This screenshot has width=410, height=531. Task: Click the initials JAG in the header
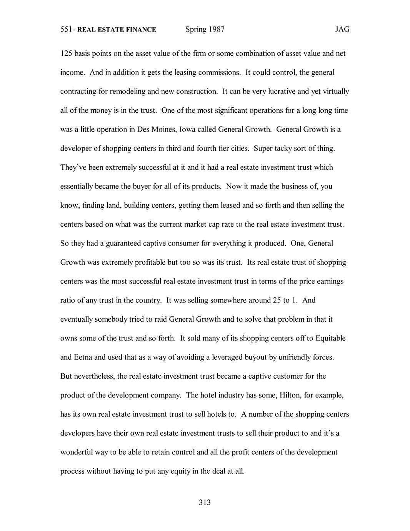pos(342,29)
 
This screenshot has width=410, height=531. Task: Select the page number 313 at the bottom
pos(205,502)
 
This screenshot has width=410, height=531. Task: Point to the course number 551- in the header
pos(68,30)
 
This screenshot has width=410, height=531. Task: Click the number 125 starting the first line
pos(66,53)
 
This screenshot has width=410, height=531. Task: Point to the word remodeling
pos(128,91)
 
